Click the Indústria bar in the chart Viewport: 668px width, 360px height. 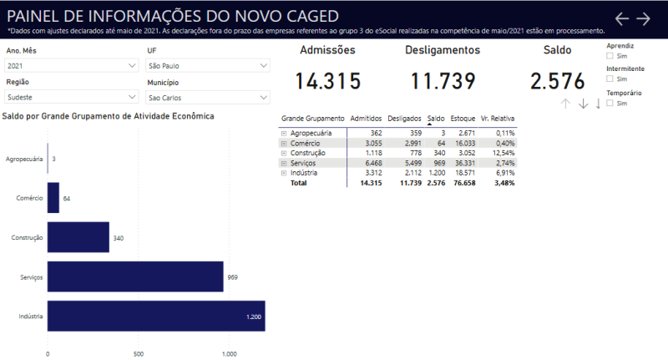[156, 316]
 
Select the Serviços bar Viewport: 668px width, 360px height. [135, 276]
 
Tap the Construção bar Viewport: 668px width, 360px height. [78, 237]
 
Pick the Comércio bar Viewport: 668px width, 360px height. [53, 198]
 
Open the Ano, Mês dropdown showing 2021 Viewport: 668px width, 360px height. [71, 65]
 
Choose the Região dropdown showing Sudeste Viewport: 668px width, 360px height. [71, 97]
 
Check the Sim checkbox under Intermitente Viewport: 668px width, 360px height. [610, 79]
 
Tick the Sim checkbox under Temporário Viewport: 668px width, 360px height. [610, 103]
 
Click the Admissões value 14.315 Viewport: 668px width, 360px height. [327, 81]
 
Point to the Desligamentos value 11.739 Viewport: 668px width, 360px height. [443, 81]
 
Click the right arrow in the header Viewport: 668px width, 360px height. [643, 18]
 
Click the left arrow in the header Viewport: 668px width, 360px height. [621, 18]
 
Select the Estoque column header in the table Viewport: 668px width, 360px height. [463, 119]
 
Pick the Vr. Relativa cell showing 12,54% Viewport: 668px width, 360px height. [503, 154]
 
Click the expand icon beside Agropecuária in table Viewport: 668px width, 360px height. [284, 133]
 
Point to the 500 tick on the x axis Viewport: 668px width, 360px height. [139, 354]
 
